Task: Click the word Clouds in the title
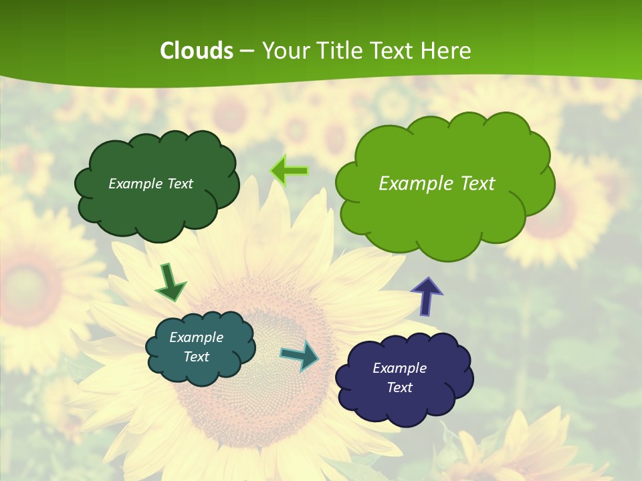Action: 197,51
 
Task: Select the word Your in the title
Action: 284,51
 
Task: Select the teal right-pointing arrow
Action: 300,355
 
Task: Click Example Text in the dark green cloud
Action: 150,184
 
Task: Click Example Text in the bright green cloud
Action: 437,184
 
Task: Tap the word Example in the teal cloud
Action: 196,337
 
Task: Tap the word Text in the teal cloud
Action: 196,357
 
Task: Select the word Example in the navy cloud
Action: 399,368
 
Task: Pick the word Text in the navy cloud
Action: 399,387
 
